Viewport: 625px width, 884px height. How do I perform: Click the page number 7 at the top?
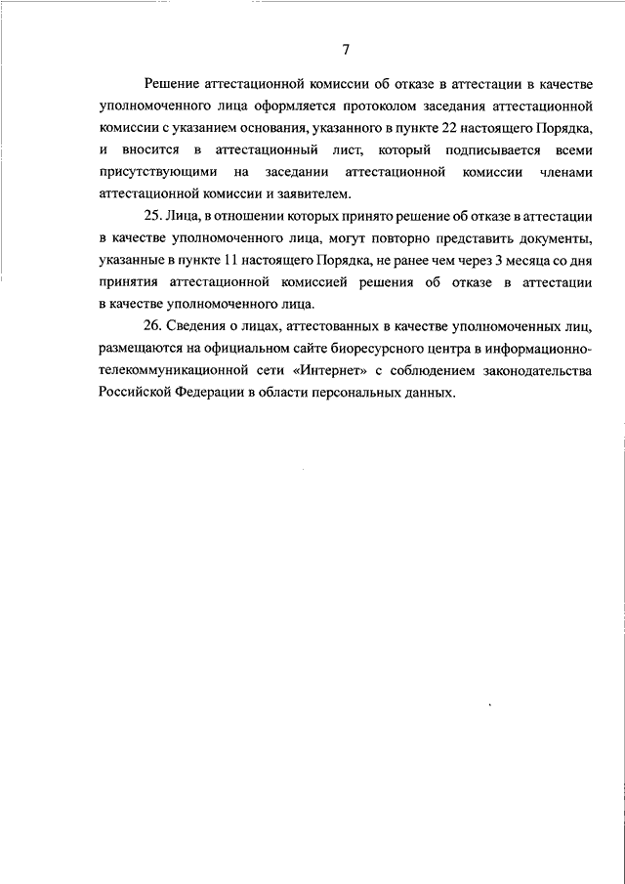click(x=346, y=51)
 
